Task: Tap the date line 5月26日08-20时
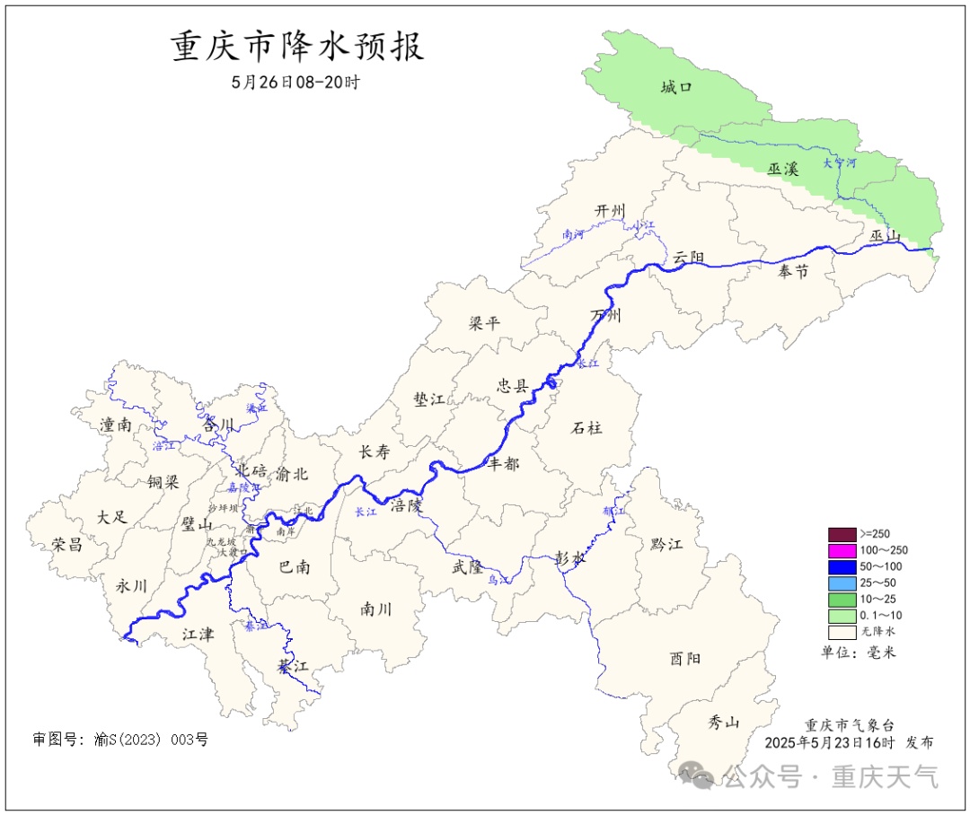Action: (x=295, y=82)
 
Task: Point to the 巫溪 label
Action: (x=783, y=168)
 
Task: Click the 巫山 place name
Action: (x=885, y=236)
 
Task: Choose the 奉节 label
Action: (x=793, y=272)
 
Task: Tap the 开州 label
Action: (x=610, y=211)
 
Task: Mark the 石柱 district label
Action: (x=586, y=428)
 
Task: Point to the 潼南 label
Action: (x=116, y=425)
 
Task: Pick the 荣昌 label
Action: (x=66, y=545)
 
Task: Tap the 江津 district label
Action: (x=198, y=635)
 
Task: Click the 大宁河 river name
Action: (x=840, y=163)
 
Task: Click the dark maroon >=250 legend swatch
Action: (x=842, y=534)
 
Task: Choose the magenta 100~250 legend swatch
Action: (x=842, y=550)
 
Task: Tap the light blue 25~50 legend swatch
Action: (x=842, y=583)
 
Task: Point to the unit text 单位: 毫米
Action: (x=859, y=653)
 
